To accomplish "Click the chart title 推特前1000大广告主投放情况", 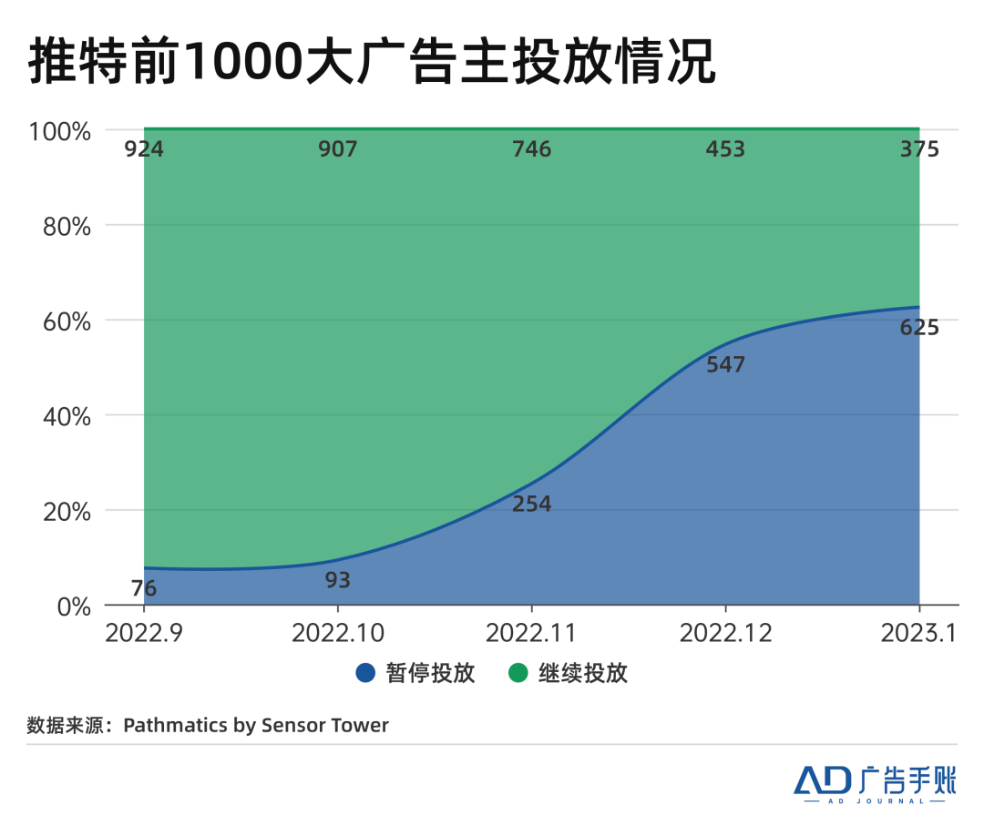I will click(372, 62).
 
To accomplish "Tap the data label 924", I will click(144, 148).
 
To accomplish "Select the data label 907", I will click(338, 148).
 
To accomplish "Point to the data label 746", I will click(532, 148).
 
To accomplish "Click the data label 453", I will click(725, 148).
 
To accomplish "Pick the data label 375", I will click(919, 148).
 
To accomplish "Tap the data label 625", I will click(919, 328).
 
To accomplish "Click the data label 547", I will click(725, 365).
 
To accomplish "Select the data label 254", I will click(532, 504).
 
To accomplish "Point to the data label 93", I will click(338, 580).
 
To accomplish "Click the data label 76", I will click(144, 588).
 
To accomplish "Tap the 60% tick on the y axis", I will click(67, 321).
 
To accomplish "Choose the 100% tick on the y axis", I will click(61, 131).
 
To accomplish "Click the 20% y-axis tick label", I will click(67, 511).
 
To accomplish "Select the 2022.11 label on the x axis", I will click(532, 633).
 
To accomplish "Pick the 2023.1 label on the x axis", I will click(919, 633).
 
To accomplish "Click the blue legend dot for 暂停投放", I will click(365, 674).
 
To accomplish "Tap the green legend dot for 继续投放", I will click(518, 674).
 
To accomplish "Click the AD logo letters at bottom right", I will click(822, 780).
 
